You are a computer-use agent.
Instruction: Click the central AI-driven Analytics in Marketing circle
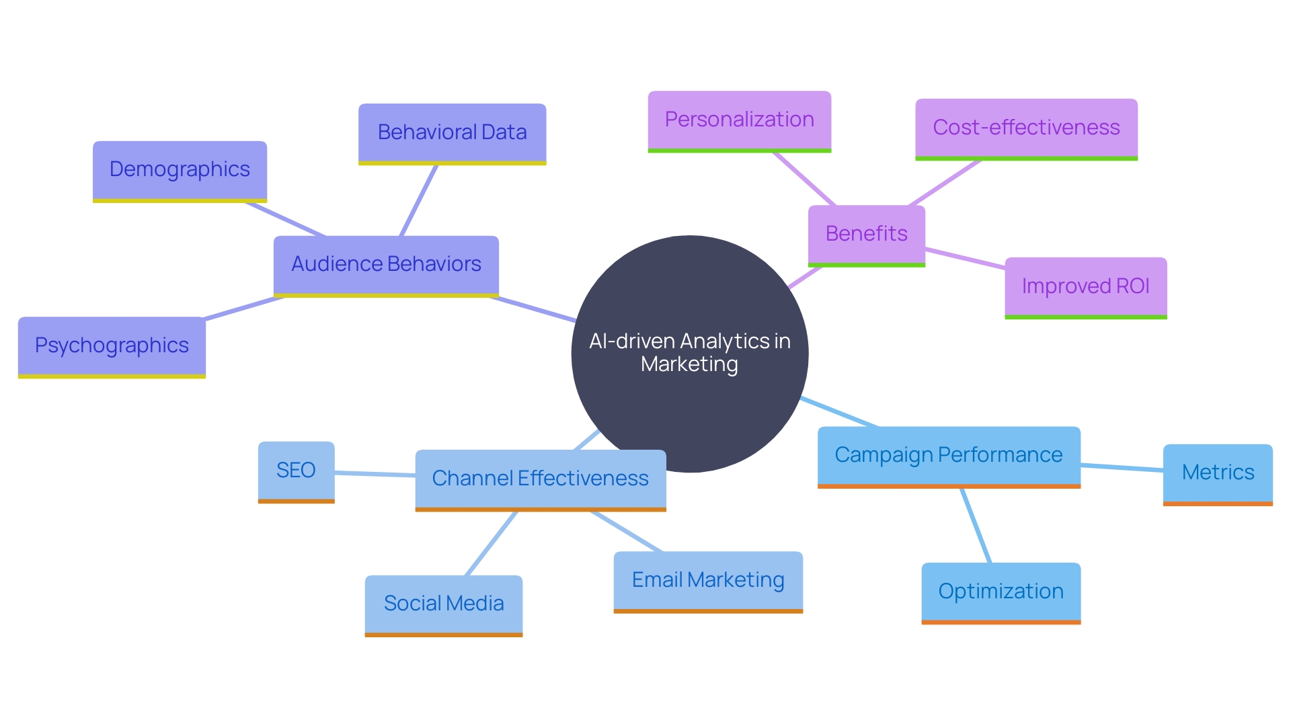point(689,353)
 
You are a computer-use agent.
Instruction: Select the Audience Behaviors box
point(386,264)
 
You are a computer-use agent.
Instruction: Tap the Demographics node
point(180,169)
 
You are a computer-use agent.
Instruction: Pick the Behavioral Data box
point(452,132)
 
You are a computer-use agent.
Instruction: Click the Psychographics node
point(112,346)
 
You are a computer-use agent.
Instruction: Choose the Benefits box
point(866,234)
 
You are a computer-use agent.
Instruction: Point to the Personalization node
point(739,120)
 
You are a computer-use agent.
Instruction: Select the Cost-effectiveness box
point(1026,128)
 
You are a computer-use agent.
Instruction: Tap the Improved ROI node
point(1085,286)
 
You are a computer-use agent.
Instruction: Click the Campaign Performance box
point(948,455)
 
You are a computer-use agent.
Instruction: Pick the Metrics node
point(1218,473)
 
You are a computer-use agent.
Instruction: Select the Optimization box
point(1001,592)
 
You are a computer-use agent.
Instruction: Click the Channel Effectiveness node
point(540,479)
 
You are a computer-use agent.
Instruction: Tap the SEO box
point(296,471)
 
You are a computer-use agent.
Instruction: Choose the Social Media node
point(443,604)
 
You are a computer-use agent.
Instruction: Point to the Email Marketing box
point(708,580)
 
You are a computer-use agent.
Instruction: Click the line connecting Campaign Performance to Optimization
point(976,525)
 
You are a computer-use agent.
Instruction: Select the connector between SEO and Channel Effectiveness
point(375,474)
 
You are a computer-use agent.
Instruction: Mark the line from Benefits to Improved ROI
point(965,259)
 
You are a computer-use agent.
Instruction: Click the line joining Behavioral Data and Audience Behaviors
point(419,200)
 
